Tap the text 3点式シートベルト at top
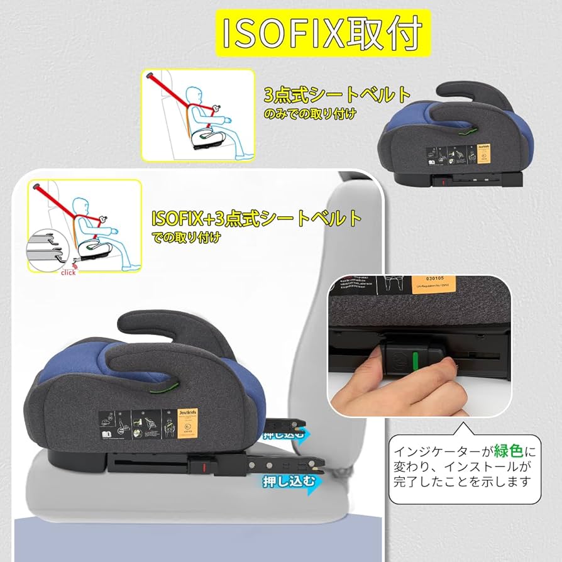[x=337, y=96]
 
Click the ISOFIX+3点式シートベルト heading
[x=256, y=219]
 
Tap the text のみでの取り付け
[x=310, y=114]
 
